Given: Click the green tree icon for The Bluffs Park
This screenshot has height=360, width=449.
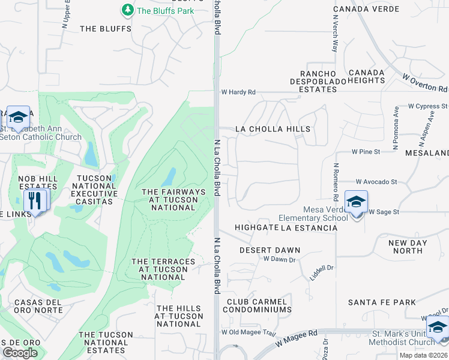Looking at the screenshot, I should pyautogui.click(x=127, y=10).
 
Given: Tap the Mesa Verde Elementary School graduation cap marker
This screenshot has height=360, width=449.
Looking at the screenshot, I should pyautogui.click(x=356, y=202).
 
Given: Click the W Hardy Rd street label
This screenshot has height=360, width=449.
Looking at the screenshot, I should pyautogui.click(x=238, y=92).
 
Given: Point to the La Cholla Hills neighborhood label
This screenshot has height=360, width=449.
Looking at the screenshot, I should pyautogui.click(x=273, y=129).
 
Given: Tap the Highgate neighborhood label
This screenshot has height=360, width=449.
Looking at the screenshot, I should pyautogui.click(x=256, y=227).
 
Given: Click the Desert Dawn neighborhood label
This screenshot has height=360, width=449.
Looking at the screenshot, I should pyautogui.click(x=270, y=250).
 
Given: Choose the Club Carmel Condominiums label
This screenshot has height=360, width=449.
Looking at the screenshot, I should pyautogui.click(x=257, y=305).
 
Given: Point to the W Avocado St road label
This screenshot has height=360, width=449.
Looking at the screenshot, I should pyautogui.click(x=376, y=181).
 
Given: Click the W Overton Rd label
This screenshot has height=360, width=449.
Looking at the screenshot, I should pyautogui.click(x=425, y=83).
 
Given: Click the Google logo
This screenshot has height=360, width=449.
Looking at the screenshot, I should pyautogui.click(x=19, y=353).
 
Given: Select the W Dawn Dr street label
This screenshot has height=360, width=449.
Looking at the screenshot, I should pyautogui.click(x=280, y=259).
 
